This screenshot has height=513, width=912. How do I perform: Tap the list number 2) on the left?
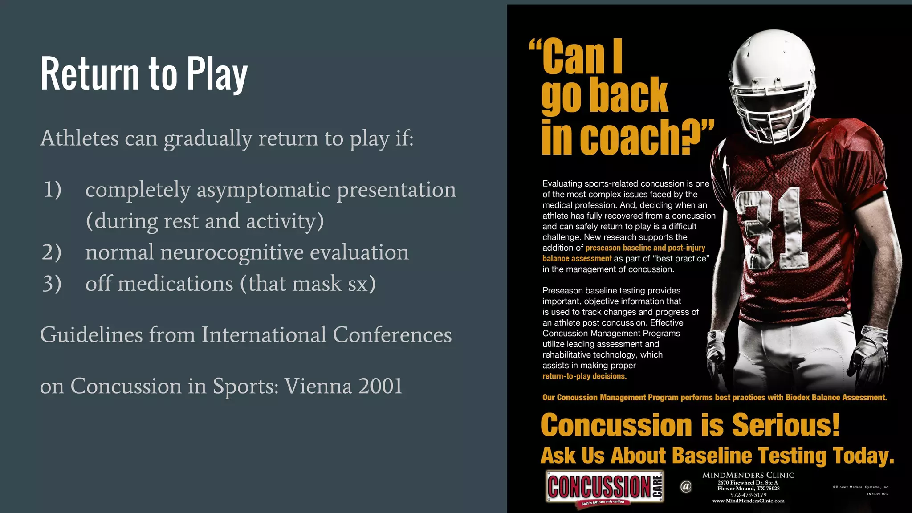pyautogui.click(x=52, y=252)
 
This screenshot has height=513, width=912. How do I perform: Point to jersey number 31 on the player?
pyautogui.click(x=773, y=227)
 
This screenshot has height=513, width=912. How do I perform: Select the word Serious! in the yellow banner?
pyautogui.click(x=786, y=425)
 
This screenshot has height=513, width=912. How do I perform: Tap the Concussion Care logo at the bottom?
pyautogui.click(x=605, y=487)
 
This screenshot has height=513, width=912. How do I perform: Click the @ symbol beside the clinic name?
pyautogui.click(x=686, y=486)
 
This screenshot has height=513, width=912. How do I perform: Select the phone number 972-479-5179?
pyautogui.click(x=749, y=495)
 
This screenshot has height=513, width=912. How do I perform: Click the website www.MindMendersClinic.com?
pyautogui.click(x=749, y=501)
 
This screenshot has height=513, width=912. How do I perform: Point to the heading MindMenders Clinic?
pyautogui.click(x=749, y=475)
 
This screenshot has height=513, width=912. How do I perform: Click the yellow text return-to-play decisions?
pyautogui.click(x=584, y=376)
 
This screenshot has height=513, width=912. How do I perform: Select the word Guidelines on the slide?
pyautogui.click(x=91, y=335)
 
